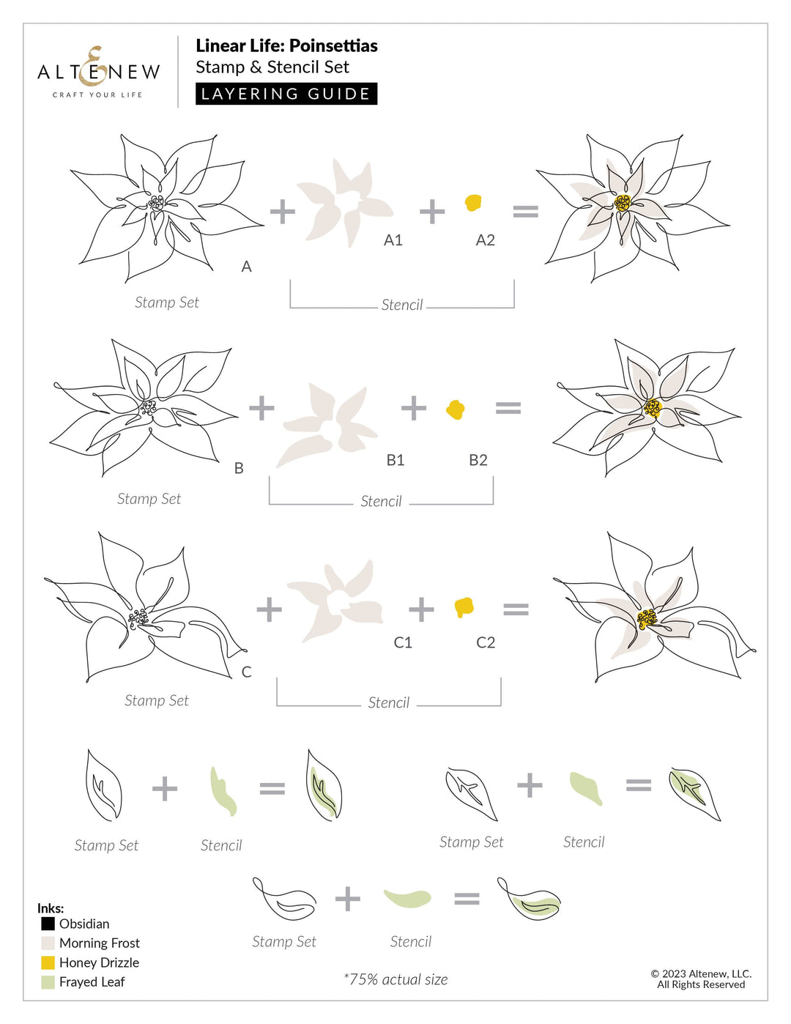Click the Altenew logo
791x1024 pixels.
[98, 73]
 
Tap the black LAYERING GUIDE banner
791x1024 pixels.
[286, 94]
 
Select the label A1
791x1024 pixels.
[393, 240]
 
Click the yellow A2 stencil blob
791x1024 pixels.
[474, 203]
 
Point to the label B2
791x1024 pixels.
[478, 460]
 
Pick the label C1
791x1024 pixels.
[403, 642]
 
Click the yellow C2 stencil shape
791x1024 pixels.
[464, 607]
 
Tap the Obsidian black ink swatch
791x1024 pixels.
[48, 924]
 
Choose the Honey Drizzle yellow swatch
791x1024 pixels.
[48, 962]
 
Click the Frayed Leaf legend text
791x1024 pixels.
[92, 982]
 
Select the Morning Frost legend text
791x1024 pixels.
[99, 943]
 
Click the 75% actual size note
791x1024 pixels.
[395, 979]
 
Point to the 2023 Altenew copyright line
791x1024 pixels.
[701, 974]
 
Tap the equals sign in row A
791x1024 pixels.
[525, 212]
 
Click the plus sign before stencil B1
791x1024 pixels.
[261, 408]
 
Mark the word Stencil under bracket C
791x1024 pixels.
[388, 703]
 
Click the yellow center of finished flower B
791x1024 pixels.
[652, 408]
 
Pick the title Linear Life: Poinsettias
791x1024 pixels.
[286, 45]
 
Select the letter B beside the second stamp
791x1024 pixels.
[239, 468]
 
